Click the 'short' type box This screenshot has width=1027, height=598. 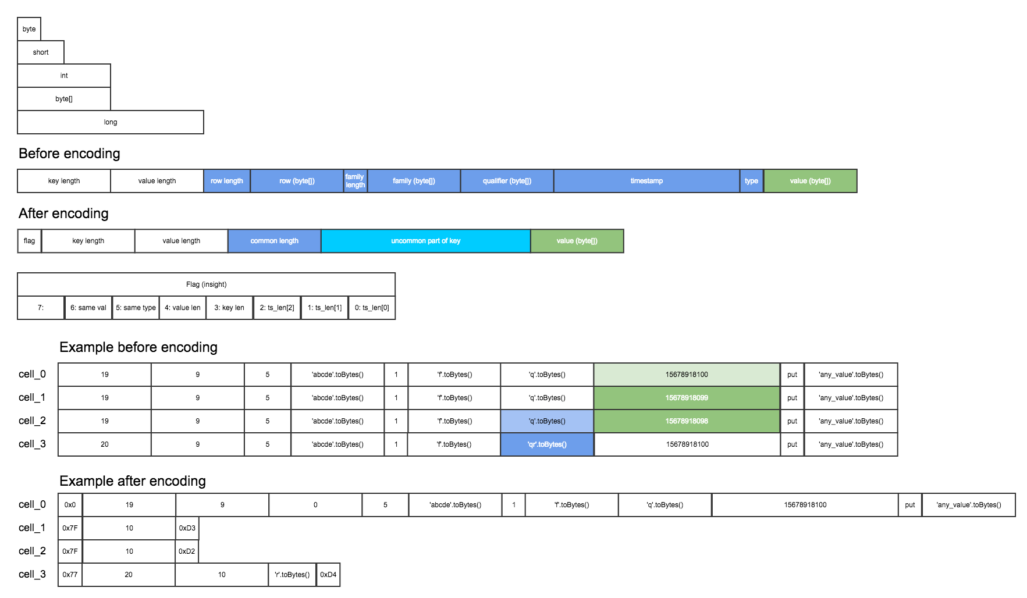pos(41,52)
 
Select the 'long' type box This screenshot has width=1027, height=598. pos(111,122)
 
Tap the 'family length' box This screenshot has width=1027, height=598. pos(355,181)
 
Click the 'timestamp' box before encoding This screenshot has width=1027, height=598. pos(646,181)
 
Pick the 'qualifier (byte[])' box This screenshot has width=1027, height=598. pos(507,181)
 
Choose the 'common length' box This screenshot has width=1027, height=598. pos(274,241)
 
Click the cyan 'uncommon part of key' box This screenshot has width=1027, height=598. pos(425,241)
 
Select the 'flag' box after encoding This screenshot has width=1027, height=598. pos(29,241)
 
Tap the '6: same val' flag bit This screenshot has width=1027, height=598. pos(88,308)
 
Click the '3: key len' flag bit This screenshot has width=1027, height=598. pos(229,308)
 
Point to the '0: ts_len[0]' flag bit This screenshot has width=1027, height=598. pos(372,308)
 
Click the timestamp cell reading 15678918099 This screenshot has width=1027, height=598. pos(687,398)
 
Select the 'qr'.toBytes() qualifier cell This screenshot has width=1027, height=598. pos(547,444)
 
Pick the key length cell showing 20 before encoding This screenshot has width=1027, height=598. pos(105,444)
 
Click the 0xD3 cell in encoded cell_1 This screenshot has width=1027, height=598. pos(187,528)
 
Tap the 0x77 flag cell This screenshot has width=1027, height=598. pos(70,575)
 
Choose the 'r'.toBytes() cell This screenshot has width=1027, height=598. pos(292,575)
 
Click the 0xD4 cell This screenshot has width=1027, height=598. pos(328,575)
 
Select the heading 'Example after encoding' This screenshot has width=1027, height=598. pos(133,481)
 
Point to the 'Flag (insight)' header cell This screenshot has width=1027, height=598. pos(206,284)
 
